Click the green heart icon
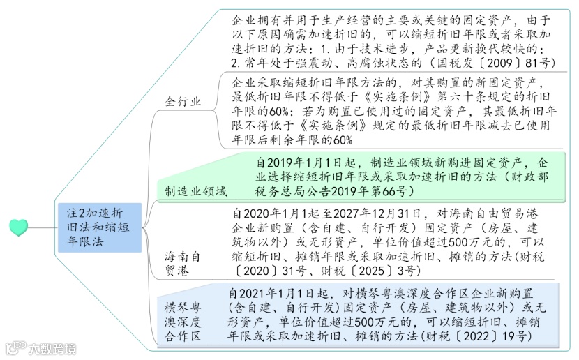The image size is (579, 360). coord(20,227)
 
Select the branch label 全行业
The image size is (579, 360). coord(183,100)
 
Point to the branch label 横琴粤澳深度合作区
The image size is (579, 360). coord(183,321)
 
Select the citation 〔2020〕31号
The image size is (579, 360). coord(266,271)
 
